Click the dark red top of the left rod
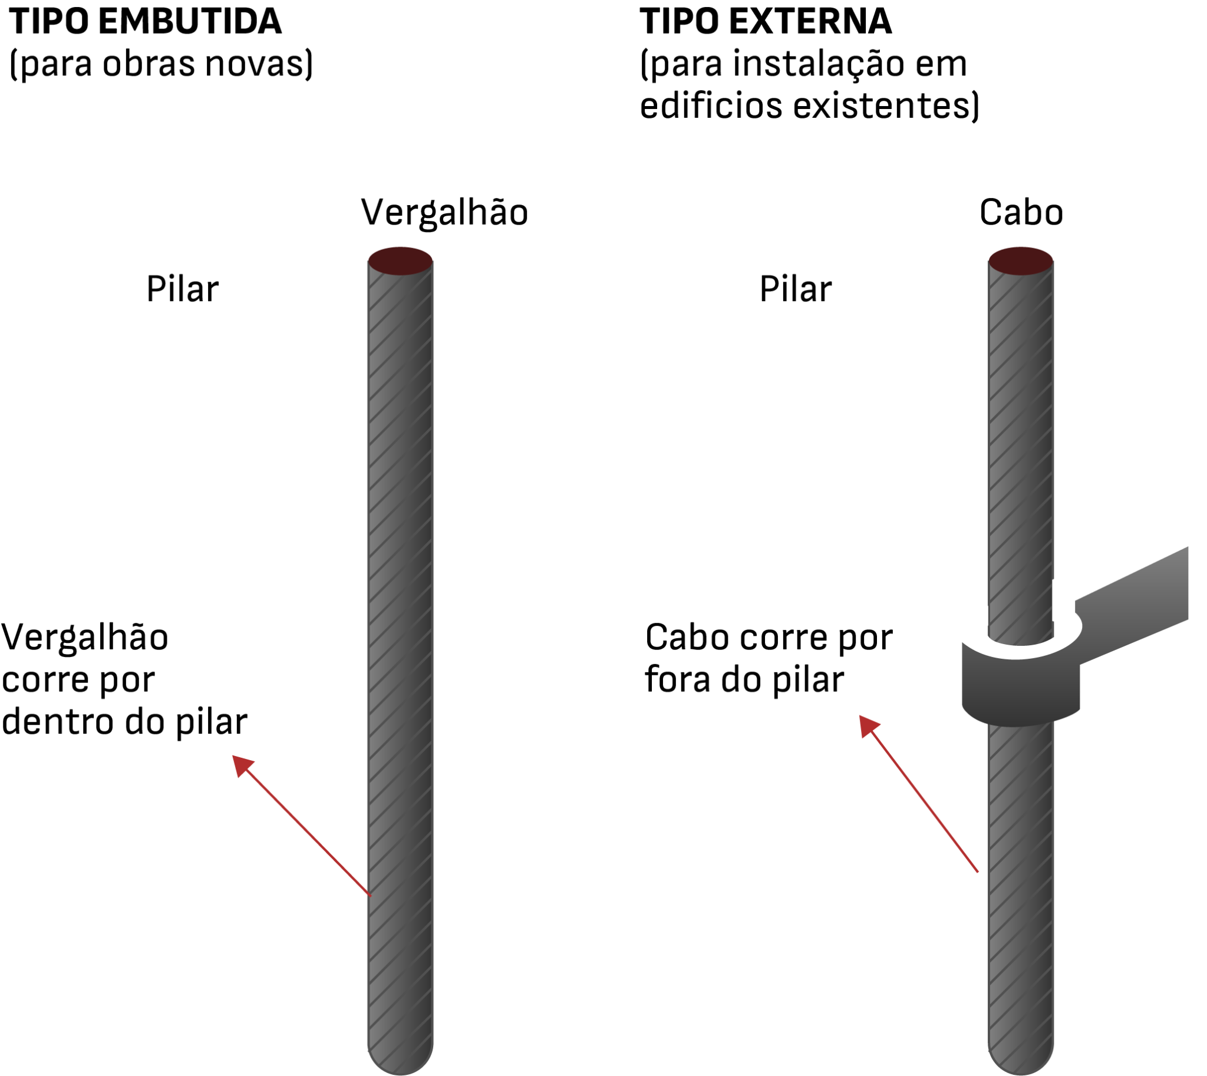(x=400, y=260)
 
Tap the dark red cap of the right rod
(x=1021, y=260)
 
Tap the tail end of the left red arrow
(x=370, y=895)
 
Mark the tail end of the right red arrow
(x=978, y=872)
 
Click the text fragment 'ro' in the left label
(x=98, y=723)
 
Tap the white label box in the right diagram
(x=718, y=655)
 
